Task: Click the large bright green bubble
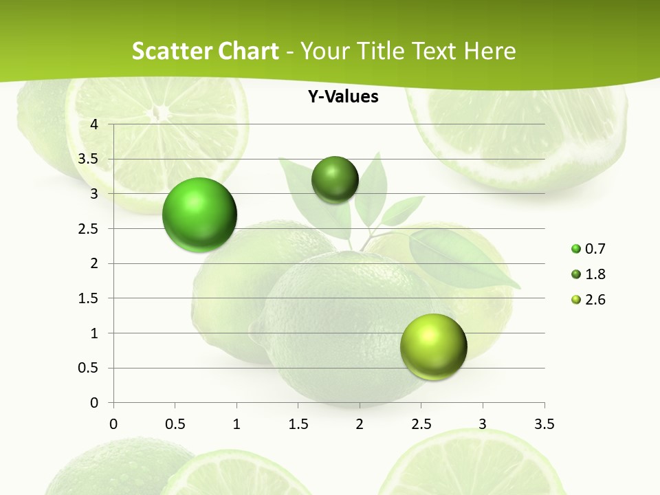[x=200, y=214]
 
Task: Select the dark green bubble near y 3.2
[x=335, y=180]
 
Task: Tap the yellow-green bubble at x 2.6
[x=433, y=346]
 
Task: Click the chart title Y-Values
[x=343, y=97]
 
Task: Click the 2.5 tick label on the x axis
[x=421, y=423]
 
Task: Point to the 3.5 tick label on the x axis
[x=544, y=423]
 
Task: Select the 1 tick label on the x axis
[x=236, y=423]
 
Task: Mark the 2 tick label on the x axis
[x=360, y=423]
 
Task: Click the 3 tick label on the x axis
[x=483, y=423]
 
